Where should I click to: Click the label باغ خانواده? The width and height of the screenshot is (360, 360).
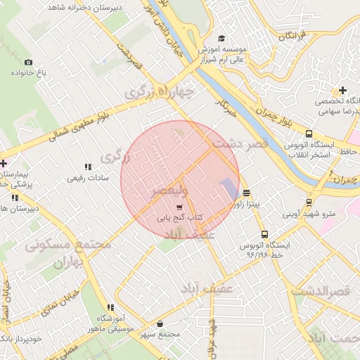[31, 72]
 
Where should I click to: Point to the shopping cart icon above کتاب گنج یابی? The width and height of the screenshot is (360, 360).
[179, 208]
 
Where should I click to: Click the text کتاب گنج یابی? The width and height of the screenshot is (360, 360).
[179, 219]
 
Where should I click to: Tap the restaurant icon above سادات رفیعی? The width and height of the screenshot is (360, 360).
[88, 167]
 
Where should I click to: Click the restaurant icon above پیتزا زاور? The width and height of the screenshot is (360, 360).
[246, 193]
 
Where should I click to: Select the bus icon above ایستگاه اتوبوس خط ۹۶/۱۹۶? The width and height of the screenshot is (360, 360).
[264, 234]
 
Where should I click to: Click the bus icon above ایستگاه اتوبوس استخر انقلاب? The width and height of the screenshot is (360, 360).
[309, 134]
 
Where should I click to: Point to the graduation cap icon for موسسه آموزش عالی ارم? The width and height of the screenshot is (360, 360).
[222, 39]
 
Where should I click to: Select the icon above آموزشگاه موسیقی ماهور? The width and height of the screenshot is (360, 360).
[110, 307]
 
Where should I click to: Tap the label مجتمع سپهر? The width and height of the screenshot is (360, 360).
[162, 333]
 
